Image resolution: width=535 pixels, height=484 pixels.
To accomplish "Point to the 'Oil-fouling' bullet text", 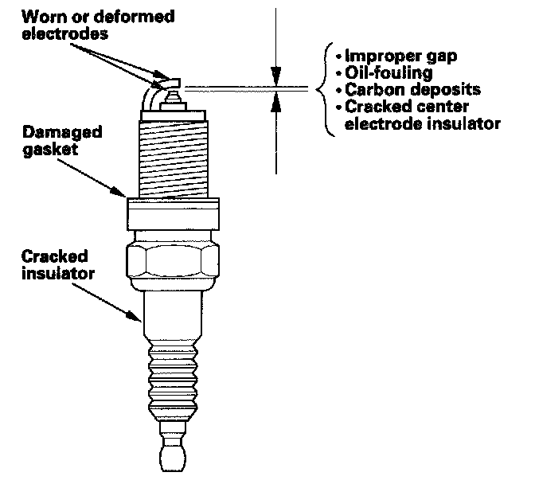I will [379, 74].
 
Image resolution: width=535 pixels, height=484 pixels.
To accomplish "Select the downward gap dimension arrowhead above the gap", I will [275, 80].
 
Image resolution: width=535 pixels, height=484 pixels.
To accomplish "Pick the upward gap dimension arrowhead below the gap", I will [275, 99].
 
